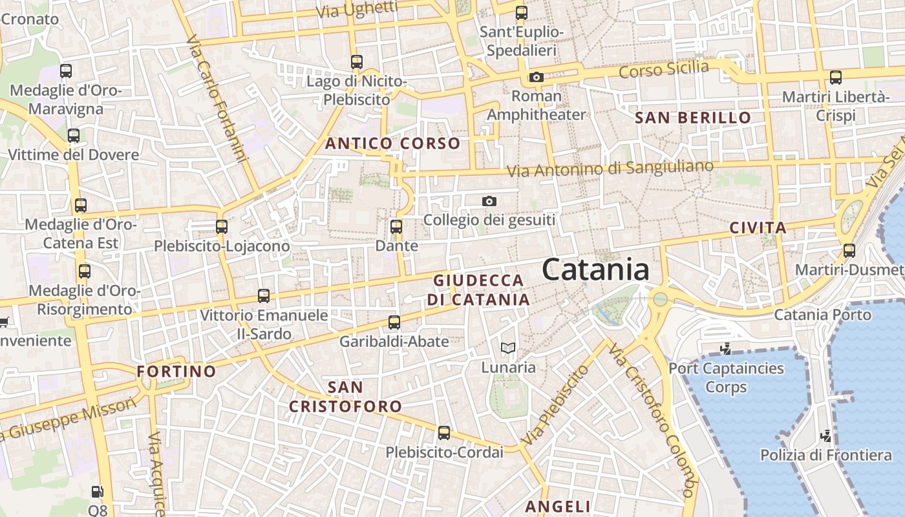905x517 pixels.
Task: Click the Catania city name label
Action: point(595,269)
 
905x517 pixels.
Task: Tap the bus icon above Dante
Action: point(396,227)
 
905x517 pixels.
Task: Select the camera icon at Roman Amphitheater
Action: point(536,78)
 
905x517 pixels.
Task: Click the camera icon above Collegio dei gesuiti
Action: point(489,202)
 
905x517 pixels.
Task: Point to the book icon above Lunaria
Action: point(509,348)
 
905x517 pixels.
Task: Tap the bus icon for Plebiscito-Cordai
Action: point(444,432)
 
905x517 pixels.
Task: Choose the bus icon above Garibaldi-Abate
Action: point(394,322)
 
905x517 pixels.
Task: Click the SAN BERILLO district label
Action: point(693,118)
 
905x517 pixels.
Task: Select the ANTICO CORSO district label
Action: point(392,143)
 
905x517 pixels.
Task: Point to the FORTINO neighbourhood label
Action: point(176,372)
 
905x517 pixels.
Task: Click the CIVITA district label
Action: point(758,227)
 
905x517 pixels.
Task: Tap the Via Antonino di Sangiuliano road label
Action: point(610,169)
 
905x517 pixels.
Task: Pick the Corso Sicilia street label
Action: point(663,69)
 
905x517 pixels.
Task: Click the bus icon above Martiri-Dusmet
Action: point(849,250)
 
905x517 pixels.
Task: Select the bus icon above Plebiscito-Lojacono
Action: point(222,227)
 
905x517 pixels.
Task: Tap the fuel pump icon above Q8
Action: point(97,492)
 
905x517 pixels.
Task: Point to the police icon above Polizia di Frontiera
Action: point(825,436)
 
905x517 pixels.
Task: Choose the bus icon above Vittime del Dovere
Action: point(74,136)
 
